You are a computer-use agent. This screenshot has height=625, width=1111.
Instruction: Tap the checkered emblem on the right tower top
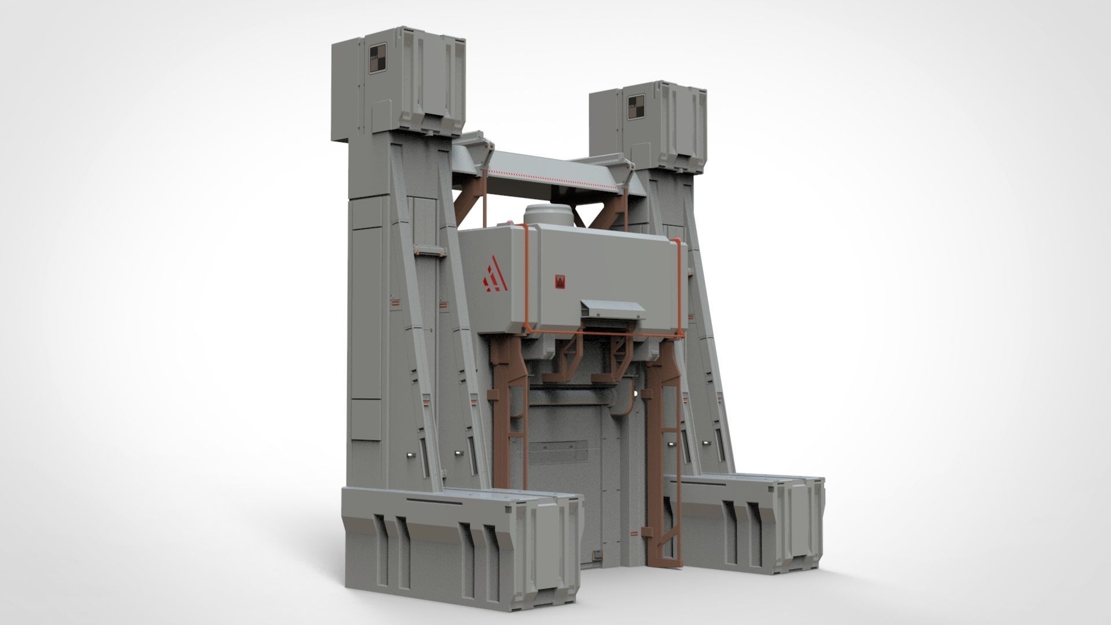pyautogui.click(x=637, y=107)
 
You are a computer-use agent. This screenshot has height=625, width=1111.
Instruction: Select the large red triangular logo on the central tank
pyautogui.click(x=494, y=274)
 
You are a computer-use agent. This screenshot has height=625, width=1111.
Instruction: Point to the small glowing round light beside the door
pyautogui.click(x=637, y=393)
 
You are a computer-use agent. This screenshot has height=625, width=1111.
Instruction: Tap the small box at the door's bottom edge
pyautogui.click(x=594, y=556)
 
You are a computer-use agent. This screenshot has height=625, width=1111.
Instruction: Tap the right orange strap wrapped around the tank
pyautogui.click(x=678, y=289)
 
